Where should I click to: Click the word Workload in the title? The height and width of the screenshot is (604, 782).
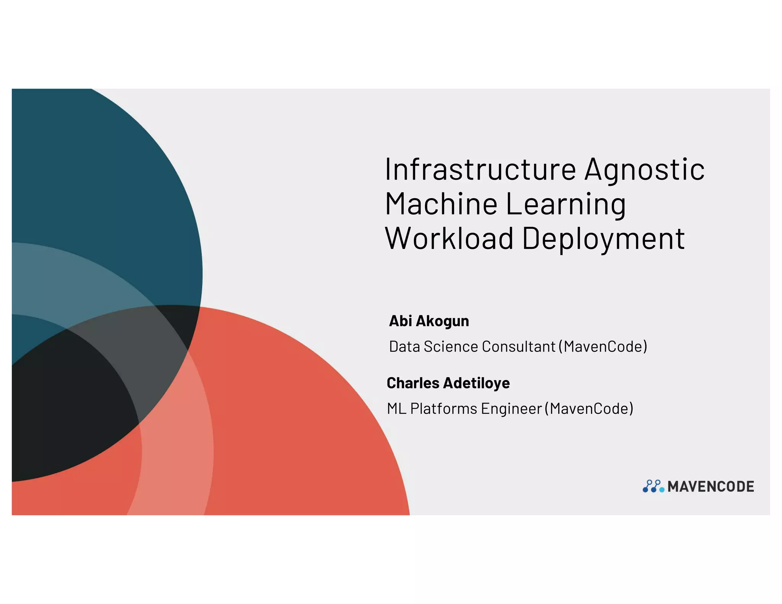coord(449,238)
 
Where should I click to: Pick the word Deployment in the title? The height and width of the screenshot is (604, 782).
coord(603,239)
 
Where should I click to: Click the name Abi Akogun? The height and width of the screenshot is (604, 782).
coord(429,321)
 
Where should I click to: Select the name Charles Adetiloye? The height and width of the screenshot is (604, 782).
coord(448,383)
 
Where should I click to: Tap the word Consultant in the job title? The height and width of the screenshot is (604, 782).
coord(518,346)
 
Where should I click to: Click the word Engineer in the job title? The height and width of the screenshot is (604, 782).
coord(511,409)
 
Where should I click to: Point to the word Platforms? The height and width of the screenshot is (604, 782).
coord(443,409)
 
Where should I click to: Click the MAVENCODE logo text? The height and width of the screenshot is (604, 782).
coord(711,486)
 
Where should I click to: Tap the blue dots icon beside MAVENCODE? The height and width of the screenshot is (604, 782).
coord(653,486)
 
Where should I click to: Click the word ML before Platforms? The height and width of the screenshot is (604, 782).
coord(396,409)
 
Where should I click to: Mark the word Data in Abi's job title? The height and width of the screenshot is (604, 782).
coord(404,346)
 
